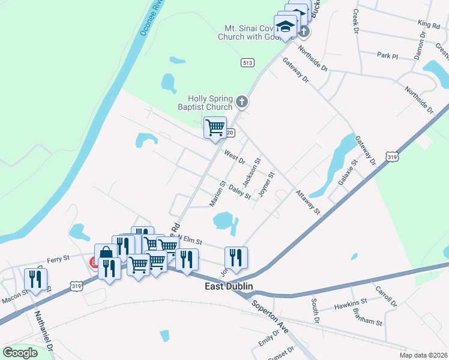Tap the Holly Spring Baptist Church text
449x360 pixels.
click(209, 103)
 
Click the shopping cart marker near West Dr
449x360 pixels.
click(215, 128)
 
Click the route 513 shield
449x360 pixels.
click(247, 62)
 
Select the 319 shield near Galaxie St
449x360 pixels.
click(392, 157)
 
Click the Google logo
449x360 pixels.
click(20, 353)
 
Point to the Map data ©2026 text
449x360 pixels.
click(423, 355)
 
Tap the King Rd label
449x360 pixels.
click(429, 23)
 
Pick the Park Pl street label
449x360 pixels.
click(387, 56)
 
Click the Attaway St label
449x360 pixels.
click(308, 202)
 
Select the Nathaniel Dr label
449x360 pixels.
click(43, 330)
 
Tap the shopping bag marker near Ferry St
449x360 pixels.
click(106, 254)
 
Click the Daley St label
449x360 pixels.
click(240, 193)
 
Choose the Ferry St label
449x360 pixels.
click(59, 258)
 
